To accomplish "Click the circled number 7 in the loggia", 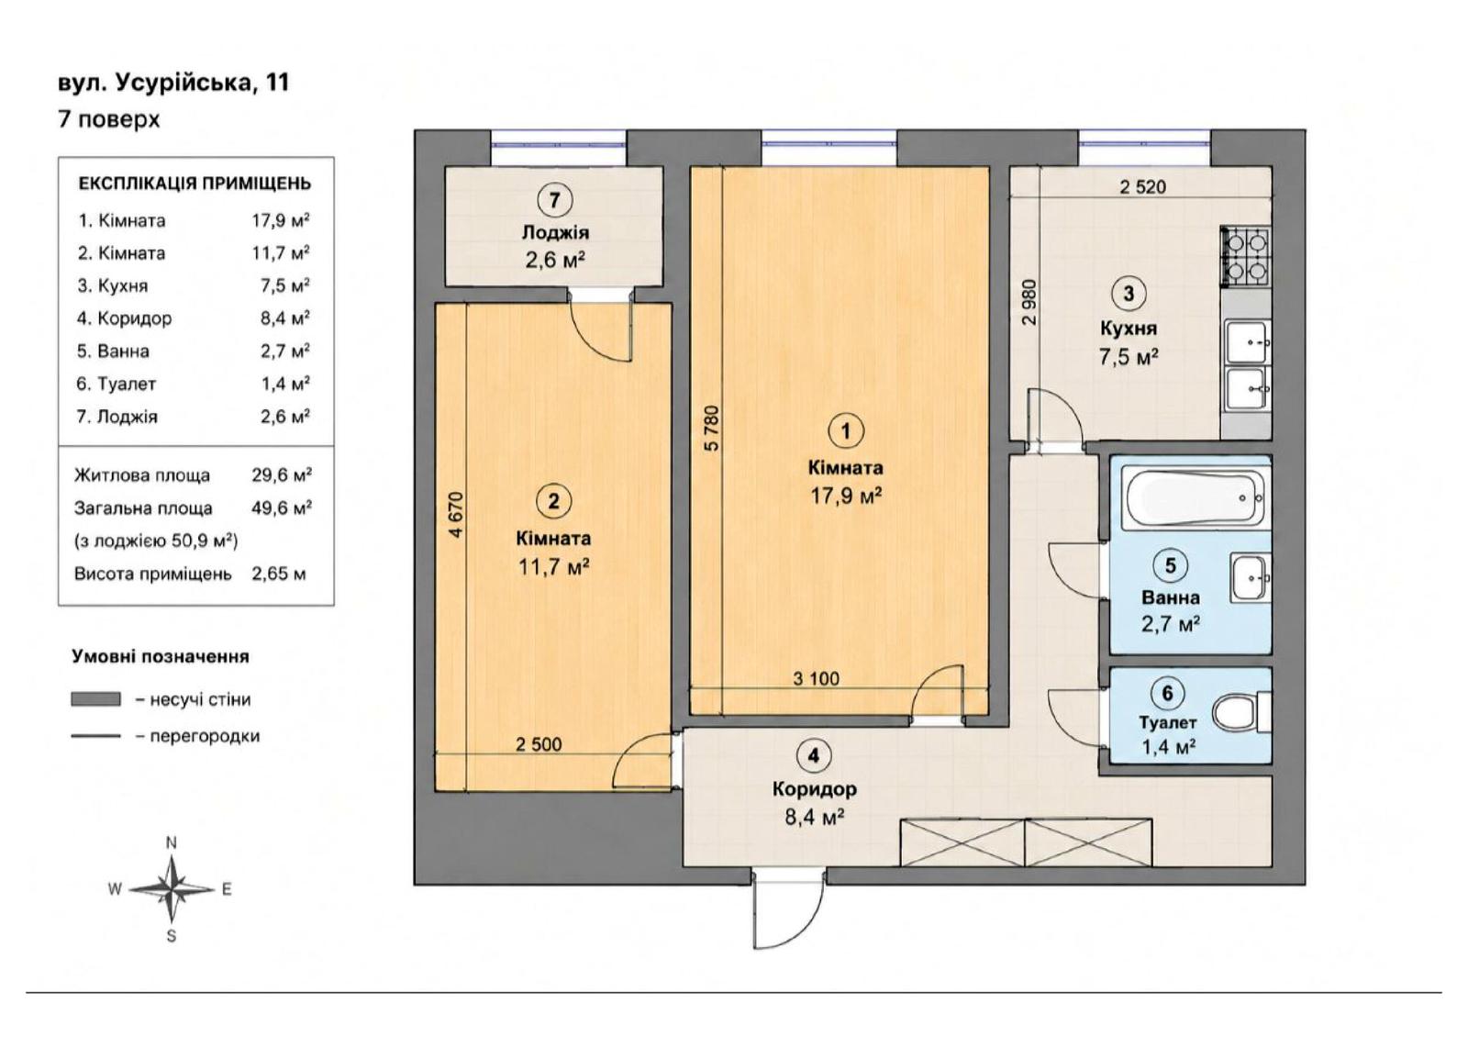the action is click(x=554, y=200).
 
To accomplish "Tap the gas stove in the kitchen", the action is click(x=1244, y=257).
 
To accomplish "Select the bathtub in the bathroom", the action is click(x=1192, y=497).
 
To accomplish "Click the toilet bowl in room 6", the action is click(x=1241, y=713).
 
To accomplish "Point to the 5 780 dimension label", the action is click(x=712, y=428).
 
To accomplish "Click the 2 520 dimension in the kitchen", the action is click(x=1142, y=187).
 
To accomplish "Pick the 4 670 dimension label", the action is click(x=455, y=515).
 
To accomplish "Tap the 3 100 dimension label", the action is click(x=816, y=678).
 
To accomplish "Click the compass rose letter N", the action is click(x=171, y=843).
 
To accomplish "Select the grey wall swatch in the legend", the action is click(x=95, y=699).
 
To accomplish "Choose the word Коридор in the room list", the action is click(x=134, y=318).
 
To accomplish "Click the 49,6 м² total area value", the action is click(x=282, y=508).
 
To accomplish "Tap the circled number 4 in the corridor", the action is click(x=813, y=756).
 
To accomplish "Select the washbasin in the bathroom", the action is click(x=1251, y=577).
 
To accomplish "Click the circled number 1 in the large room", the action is click(x=846, y=430).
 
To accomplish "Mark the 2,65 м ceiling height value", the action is click(x=279, y=574).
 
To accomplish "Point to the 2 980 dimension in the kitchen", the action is click(x=1029, y=302).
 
